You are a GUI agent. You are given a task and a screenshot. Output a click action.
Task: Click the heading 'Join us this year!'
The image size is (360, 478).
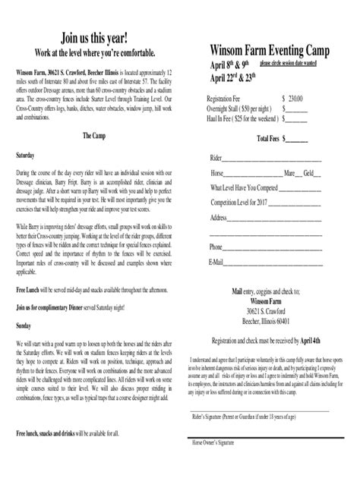click(94, 38)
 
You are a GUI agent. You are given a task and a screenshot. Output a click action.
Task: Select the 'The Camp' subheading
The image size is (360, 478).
click(95, 135)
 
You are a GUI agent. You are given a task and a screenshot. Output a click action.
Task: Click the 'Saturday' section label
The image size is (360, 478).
click(27, 154)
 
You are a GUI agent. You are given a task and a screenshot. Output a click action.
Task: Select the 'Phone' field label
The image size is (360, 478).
click(216, 247)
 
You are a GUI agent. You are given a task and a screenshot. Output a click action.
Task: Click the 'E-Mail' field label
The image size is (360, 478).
click(216, 262)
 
